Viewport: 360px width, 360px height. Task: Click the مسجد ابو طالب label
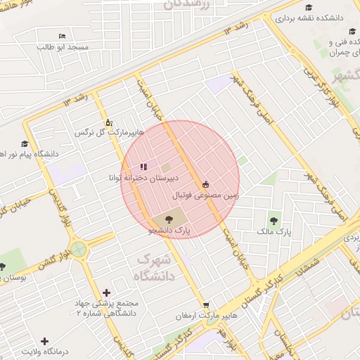tap(64, 46)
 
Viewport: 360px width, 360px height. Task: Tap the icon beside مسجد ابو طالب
tap(63, 36)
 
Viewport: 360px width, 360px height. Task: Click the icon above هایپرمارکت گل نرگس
tap(108, 122)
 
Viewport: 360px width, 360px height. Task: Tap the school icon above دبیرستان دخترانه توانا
tap(143, 167)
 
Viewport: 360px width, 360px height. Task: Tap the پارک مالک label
tap(273, 231)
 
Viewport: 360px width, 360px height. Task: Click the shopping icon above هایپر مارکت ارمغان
tap(205, 305)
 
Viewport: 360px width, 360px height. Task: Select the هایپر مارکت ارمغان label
tap(205, 316)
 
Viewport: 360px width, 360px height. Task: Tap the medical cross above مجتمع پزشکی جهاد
tap(106, 292)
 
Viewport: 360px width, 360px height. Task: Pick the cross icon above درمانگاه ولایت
tap(45, 341)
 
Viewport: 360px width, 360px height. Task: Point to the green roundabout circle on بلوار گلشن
tap(77, 249)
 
